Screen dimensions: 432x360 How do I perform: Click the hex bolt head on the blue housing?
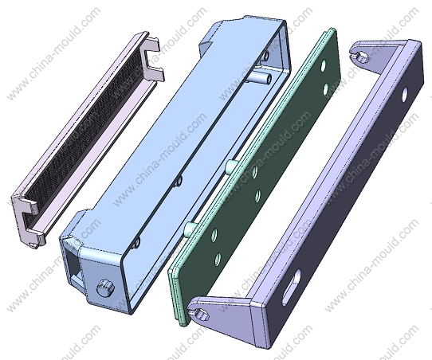pos(105,288)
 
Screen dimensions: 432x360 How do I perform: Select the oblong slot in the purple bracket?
pos(291,288)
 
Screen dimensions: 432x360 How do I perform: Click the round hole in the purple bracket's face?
pos(404,95)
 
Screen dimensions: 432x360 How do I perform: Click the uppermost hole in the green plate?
pos(323,66)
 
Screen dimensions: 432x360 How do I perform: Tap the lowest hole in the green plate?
pos(218,259)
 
